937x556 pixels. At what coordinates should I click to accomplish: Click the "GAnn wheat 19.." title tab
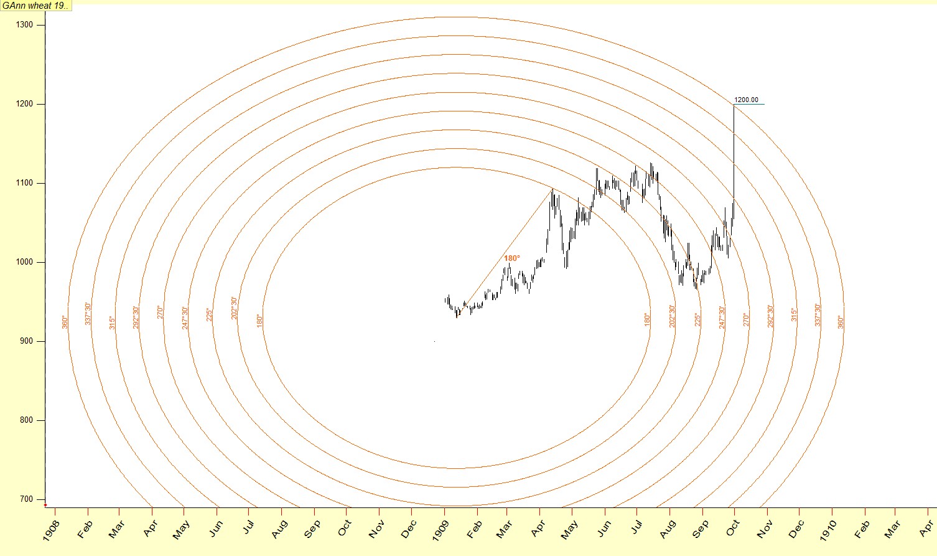click(36, 6)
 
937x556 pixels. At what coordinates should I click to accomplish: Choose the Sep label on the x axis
click(701, 528)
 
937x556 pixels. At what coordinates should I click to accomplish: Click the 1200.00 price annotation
click(746, 100)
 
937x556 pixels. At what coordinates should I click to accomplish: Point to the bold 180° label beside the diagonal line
click(511, 258)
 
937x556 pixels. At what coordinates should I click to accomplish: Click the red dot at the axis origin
click(45, 505)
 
